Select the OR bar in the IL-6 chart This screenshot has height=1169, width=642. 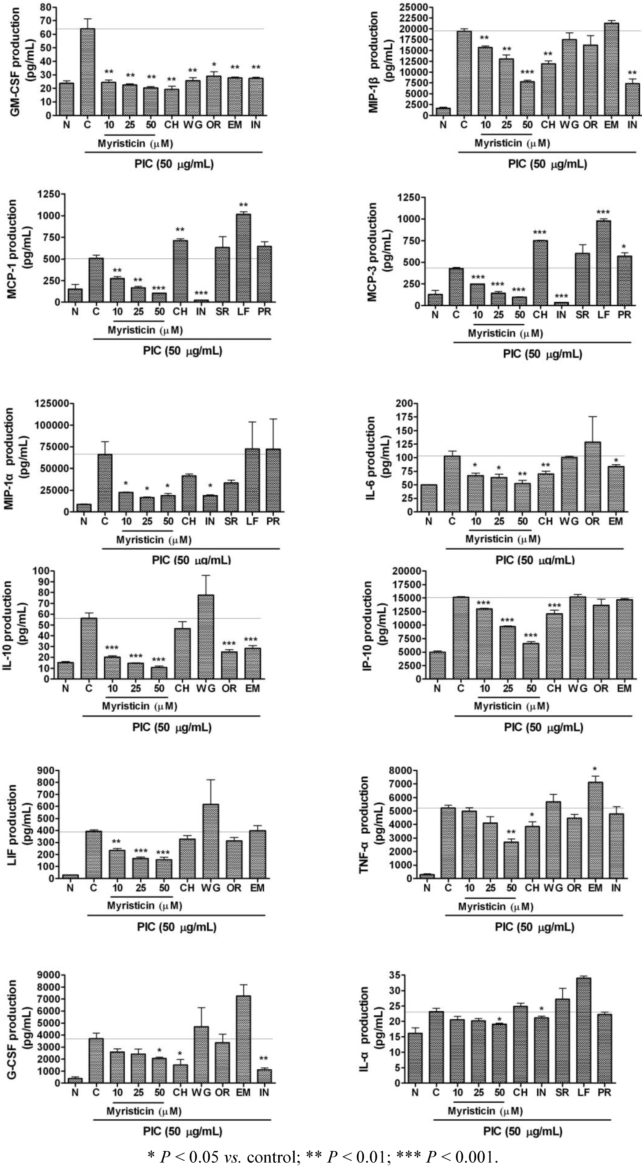pos(592,477)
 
